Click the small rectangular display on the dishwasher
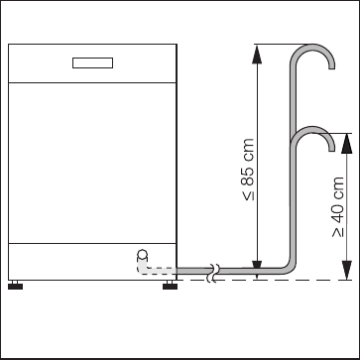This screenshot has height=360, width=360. click(92, 62)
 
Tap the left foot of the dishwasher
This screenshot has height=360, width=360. click(15, 285)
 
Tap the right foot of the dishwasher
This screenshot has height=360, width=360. click(170, 285)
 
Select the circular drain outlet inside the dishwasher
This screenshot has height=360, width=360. click(142, 254)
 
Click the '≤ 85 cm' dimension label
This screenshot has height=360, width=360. click(248, 170)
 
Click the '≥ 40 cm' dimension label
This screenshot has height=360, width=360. click(338, 207)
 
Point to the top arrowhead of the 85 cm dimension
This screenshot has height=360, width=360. click(257, 55)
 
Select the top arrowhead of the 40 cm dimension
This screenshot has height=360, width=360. click(347, 144)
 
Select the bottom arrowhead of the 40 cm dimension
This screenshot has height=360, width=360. click(347, 270)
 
